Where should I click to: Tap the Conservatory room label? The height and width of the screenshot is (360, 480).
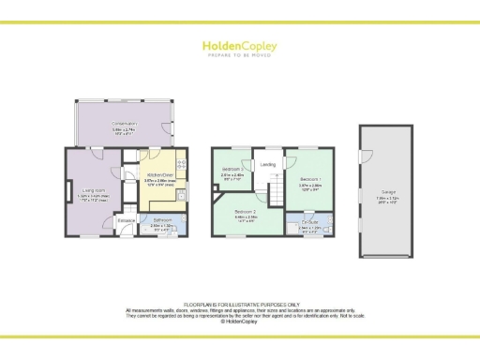[124, 124]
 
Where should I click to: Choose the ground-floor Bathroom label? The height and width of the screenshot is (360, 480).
[161, 220]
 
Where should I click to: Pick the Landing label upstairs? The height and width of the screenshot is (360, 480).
[267, 165]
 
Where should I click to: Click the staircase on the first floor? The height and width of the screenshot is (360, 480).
[277, 194]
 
